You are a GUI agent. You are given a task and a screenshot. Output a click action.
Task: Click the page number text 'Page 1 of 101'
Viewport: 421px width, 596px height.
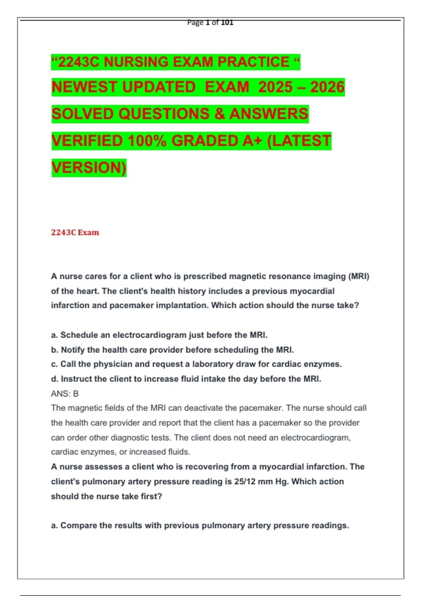point(210,22)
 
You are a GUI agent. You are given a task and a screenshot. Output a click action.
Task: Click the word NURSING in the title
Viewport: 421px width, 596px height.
point(134,62)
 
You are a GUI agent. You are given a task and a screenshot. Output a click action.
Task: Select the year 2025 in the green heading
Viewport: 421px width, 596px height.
point(275,87)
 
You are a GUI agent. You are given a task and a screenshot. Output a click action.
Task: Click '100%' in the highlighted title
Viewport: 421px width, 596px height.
point(147,141)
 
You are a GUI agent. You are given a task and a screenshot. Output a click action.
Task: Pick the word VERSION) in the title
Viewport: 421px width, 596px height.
point(89,168)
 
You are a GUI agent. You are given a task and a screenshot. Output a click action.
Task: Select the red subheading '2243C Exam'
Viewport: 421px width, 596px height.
point(75,232)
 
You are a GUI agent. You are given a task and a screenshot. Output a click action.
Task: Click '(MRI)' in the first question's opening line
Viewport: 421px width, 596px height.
point(359,276)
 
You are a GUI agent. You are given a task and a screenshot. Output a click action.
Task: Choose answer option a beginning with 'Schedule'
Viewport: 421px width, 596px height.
point(159,335)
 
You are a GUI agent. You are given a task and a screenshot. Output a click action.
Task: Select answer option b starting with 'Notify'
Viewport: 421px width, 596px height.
point(172,350)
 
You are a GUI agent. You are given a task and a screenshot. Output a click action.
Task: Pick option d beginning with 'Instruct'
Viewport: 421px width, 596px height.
point(186,379)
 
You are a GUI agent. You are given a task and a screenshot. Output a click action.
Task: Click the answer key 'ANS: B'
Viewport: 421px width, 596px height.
point(65,394)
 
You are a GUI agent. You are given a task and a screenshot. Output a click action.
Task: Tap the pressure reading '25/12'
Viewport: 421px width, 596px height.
point(245,482)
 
